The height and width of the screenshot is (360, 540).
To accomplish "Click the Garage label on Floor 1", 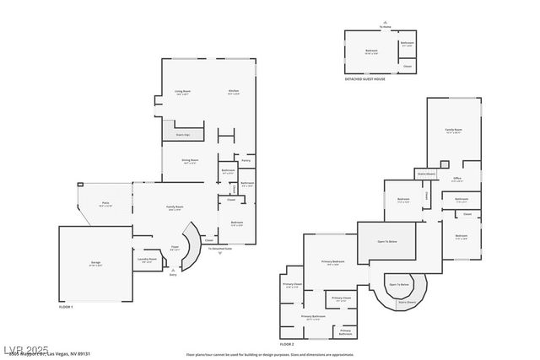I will pos(95,263).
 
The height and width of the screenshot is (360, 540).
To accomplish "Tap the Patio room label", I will pos(106,203).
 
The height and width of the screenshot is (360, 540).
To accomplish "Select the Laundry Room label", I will pos(147,260).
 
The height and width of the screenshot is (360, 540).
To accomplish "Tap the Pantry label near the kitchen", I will pos(246,159).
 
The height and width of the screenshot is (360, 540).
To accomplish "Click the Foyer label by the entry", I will pos(175,248).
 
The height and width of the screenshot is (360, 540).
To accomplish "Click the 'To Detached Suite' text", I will pos(220,249).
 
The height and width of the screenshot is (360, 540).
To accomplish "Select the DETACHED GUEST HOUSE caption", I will pos(364,79).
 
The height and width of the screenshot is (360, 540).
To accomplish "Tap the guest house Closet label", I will pos(408,66).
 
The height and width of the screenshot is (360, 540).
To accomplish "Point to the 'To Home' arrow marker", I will pos(385,24).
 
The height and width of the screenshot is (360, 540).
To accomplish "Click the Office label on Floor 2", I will pos(456,179).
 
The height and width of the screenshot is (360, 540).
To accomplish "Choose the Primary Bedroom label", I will pos(332,262).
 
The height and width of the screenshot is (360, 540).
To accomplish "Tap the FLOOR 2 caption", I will pos(287,344).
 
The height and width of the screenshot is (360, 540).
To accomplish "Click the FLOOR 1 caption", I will pos(66,307).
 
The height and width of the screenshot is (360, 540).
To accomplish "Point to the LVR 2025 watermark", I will pos(25,348).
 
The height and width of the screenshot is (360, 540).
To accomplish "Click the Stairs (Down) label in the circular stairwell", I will pos(407,301).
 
